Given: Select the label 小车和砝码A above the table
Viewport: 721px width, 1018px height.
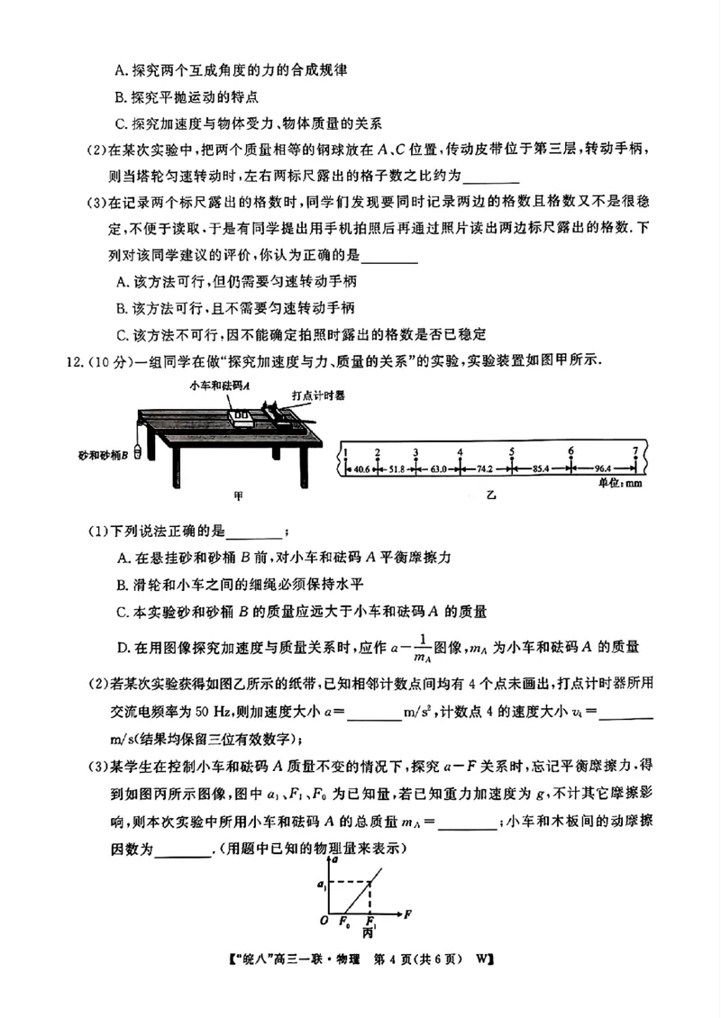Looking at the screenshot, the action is click(219, 385).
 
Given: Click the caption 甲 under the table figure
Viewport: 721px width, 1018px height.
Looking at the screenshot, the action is click(239, 495).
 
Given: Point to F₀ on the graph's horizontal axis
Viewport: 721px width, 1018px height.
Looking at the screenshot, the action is click(344, 920).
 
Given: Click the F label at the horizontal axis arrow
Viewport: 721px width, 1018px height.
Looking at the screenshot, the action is click(407, 913).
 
